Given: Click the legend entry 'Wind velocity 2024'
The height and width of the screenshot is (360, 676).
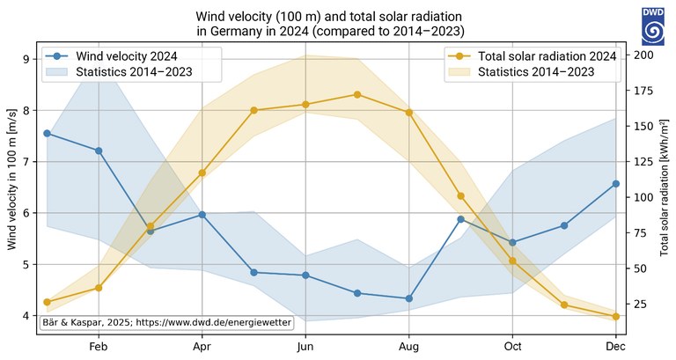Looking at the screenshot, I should [127, 55].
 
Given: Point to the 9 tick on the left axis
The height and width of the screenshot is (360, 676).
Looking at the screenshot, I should [27, 59].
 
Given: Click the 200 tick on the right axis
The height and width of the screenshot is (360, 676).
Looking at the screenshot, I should [643, 55].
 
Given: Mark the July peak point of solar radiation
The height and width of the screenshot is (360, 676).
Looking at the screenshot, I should [357, 94].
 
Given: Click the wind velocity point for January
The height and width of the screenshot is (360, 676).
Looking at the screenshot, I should [47, 133].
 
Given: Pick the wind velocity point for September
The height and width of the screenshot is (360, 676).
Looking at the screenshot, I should [460, 218].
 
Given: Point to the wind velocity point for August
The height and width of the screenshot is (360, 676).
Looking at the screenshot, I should [408, 298].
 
